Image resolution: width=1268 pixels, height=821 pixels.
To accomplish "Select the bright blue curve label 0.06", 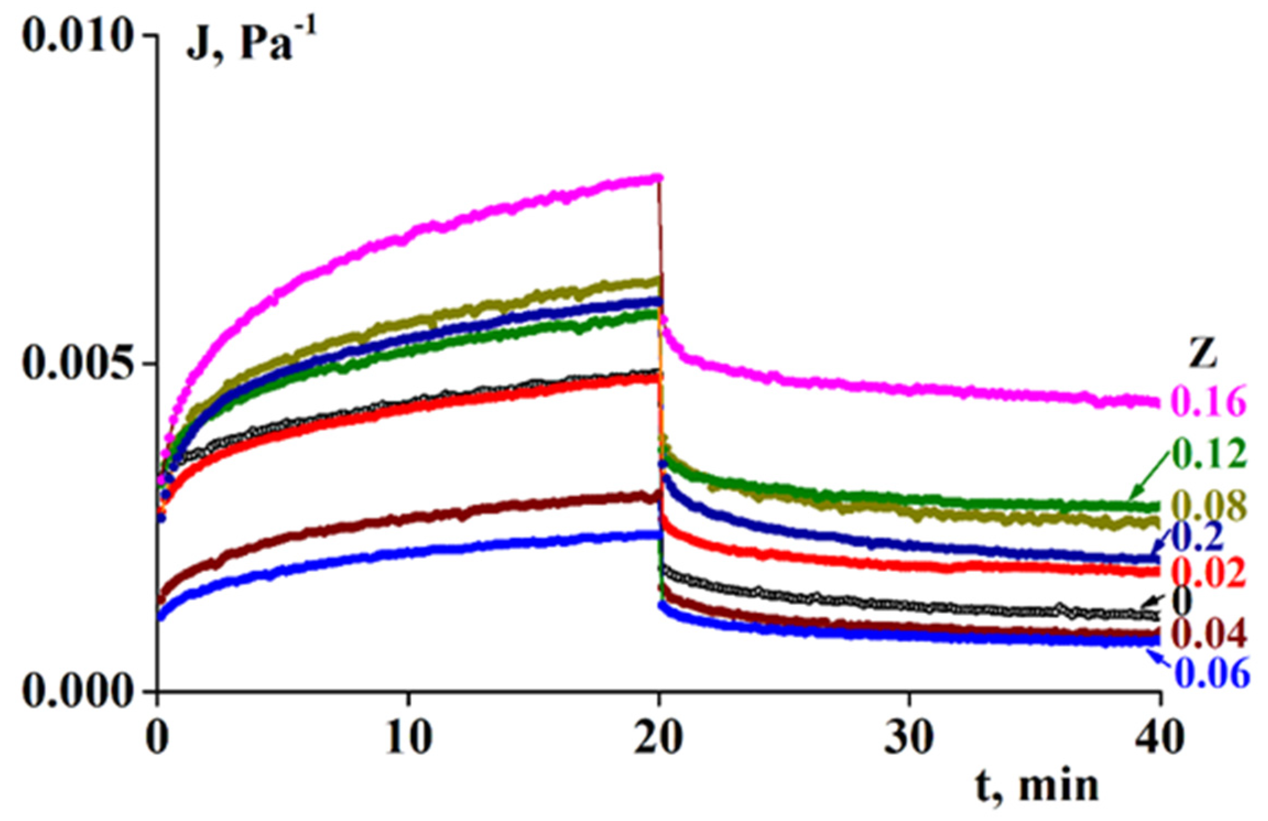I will (1212, 672).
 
